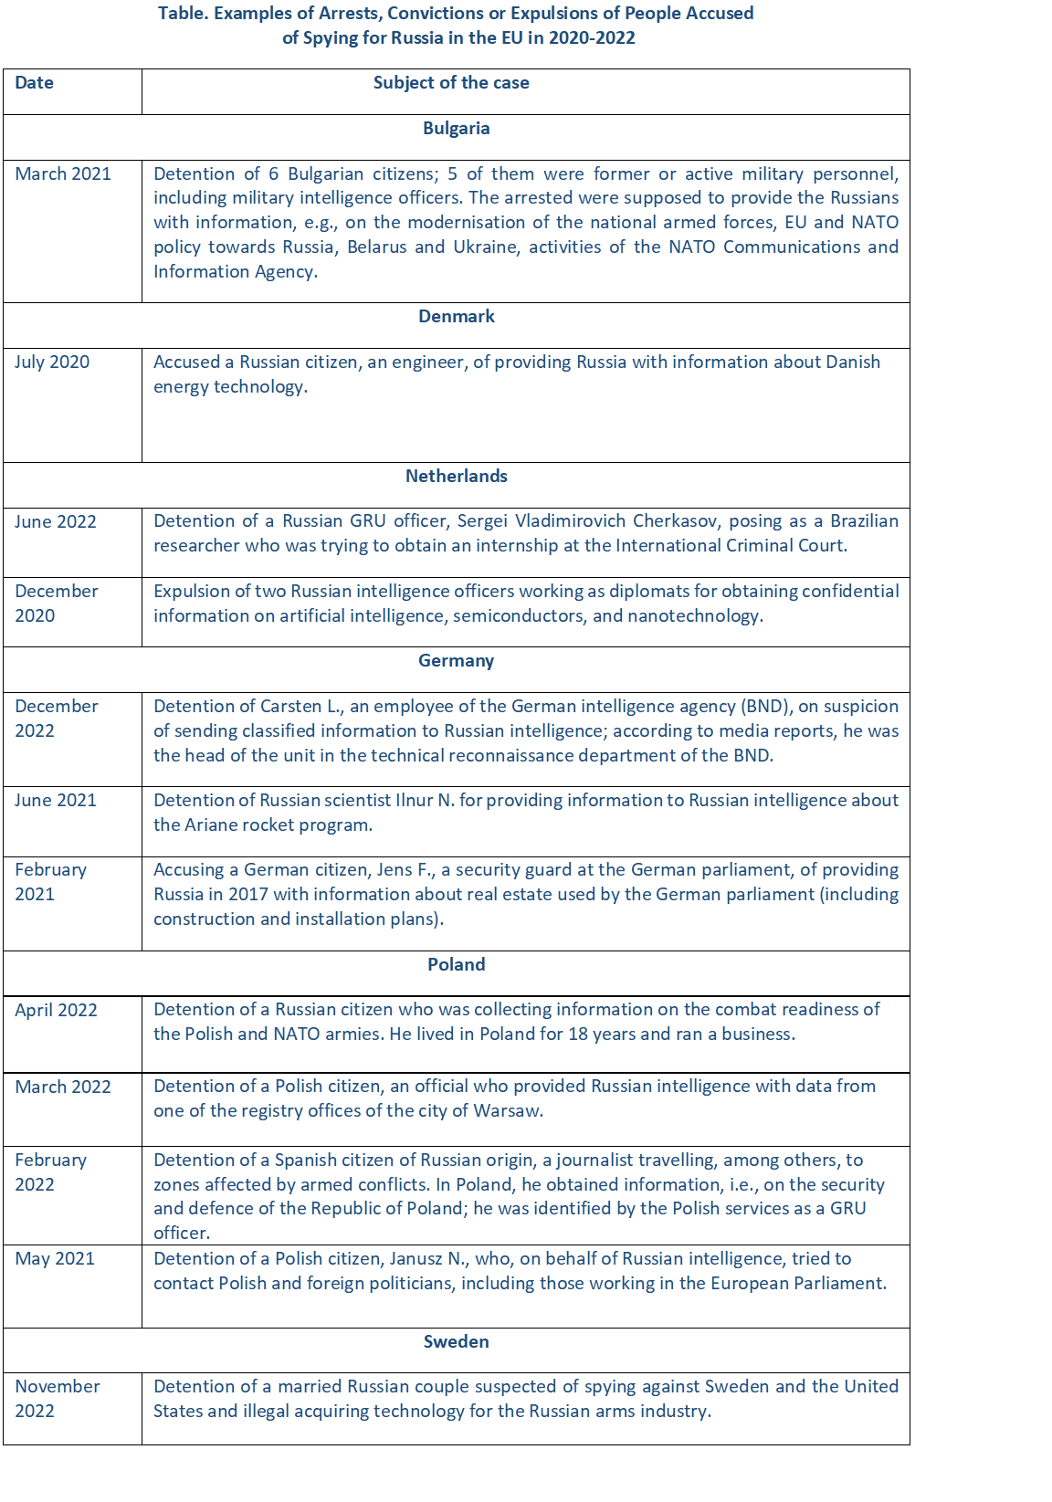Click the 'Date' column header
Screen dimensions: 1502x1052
point(35,83)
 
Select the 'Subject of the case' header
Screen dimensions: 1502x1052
point(451,83)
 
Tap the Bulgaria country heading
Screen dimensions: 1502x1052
point(456,129)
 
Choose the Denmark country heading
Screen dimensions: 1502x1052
point(456,317)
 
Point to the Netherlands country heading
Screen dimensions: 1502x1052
point(456,477)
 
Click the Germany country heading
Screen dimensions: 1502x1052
point(456,661)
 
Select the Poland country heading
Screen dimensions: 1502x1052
point(456,965)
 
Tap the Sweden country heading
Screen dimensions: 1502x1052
point(456,1342)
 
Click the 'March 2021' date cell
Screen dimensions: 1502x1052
point(63,174)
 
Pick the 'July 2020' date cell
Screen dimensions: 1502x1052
point(52,362)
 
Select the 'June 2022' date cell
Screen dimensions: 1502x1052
point(56,522)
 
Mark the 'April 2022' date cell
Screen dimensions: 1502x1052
point(56,1011)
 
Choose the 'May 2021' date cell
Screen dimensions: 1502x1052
point(55,1259)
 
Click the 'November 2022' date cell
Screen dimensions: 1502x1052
point(57,1399)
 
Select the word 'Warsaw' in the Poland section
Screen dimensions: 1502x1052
point(513,1111)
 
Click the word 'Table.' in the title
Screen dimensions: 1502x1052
point(183,14)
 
